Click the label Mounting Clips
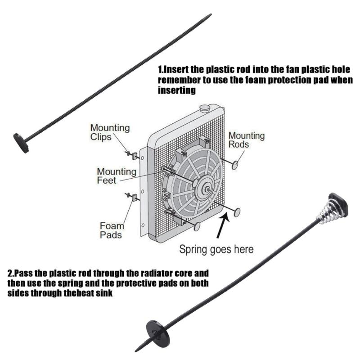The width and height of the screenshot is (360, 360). [x=110, y=132]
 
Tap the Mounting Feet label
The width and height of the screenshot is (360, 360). [x=117, y=176]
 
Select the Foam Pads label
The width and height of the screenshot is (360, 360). [x=112, y=230]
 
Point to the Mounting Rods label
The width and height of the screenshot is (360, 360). [x=247, y=140]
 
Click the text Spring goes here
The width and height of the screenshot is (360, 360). [x=216, y=249]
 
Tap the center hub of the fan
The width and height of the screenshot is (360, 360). [x=207, y=189]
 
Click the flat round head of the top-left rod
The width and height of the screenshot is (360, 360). [x=21, y=143]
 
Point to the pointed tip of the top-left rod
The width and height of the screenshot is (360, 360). [x=211, y=14]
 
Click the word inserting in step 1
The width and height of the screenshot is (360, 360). [x=177, y=90]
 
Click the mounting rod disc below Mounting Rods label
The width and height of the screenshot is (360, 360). [x=234, y=165]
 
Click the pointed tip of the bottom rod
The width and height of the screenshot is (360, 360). [x=136, y=351]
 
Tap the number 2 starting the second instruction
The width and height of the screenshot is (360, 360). [x=10, y=274]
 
